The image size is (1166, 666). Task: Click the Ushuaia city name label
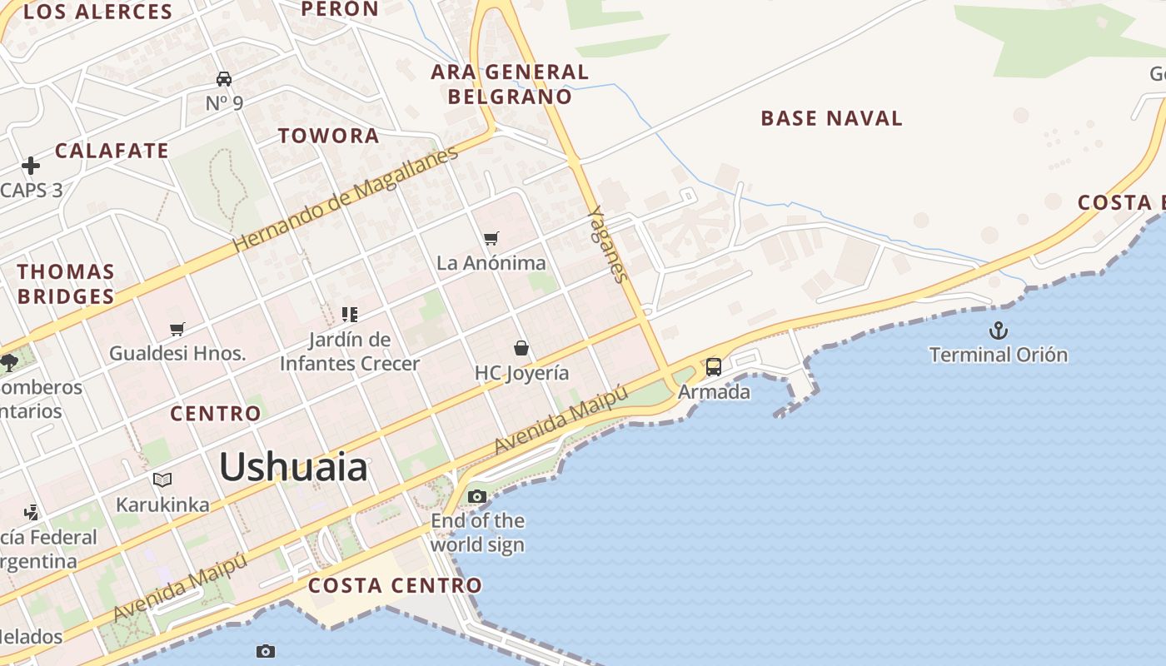click(x=293, y=467)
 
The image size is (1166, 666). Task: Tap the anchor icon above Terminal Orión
click(x=998, y=331)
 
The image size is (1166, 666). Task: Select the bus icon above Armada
click(x=714, y=367)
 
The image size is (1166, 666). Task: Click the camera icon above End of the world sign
click(x=477, y=497)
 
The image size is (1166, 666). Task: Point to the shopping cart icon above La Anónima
click(x=491, y=239)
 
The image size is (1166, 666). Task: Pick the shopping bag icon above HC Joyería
click(x=521, y=348)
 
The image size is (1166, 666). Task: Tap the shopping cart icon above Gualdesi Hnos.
click(x=177, y=329)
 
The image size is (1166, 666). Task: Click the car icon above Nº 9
click(x=224, y=79)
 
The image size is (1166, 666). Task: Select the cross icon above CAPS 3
click(x=31, y=166)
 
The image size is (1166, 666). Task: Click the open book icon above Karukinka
click(x=162, y=480)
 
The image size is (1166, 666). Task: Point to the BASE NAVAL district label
click(x=831, y=118)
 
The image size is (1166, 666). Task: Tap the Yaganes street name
click(x=607, y=244)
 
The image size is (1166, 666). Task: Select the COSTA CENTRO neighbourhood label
click(x=395, y=585)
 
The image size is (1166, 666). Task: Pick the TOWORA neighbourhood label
click(x=328, y=136)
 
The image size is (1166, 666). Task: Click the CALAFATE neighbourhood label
click(x=112, y=151)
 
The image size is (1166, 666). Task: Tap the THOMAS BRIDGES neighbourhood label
click(x=66, y=284)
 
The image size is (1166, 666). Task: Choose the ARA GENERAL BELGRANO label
click(x=510, y=84)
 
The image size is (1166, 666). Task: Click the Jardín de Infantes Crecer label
click(x=350, y=351)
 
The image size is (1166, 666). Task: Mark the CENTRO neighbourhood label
click(x=216, y=414)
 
